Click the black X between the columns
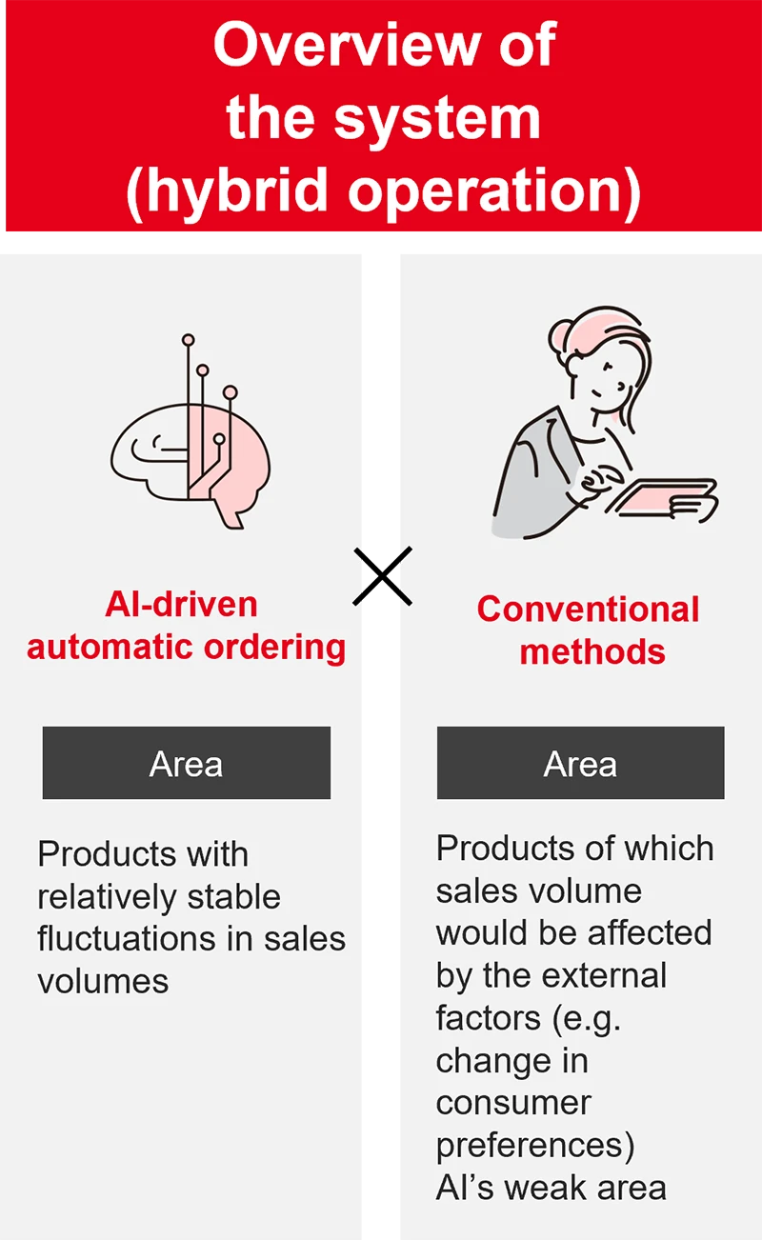(x=382, y=576)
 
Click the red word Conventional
(x=589, y=609)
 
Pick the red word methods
(x=592, y=651)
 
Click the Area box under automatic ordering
(x=187, y=763)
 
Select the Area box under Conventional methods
(x=580, y=763)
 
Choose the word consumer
(x=513, y=1102)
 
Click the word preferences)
(x=534, y=1145)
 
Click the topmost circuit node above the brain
(x=188, y=339)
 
